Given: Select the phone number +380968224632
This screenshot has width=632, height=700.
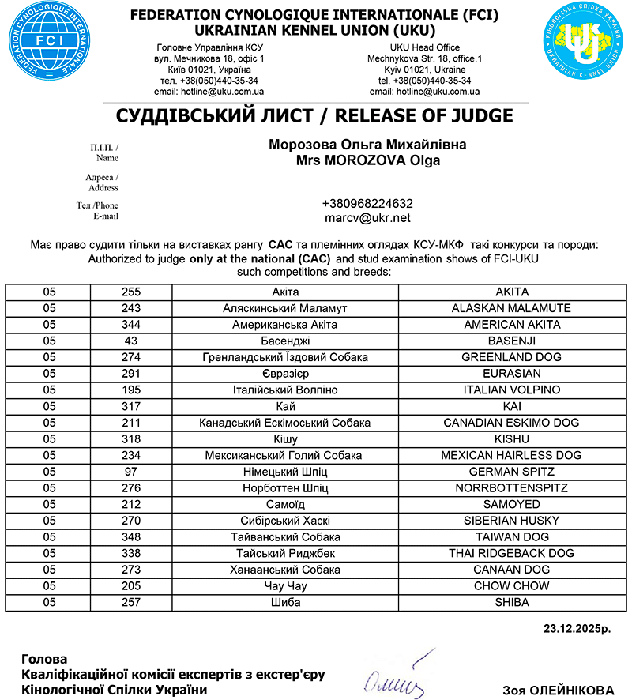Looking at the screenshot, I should tap(367, 203).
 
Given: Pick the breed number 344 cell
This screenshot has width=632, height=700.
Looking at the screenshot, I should tap(131, 325).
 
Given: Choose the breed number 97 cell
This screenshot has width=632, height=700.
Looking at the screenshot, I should tap(131, 472).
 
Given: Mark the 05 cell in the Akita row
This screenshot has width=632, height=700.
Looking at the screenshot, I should tap(50, 292).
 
